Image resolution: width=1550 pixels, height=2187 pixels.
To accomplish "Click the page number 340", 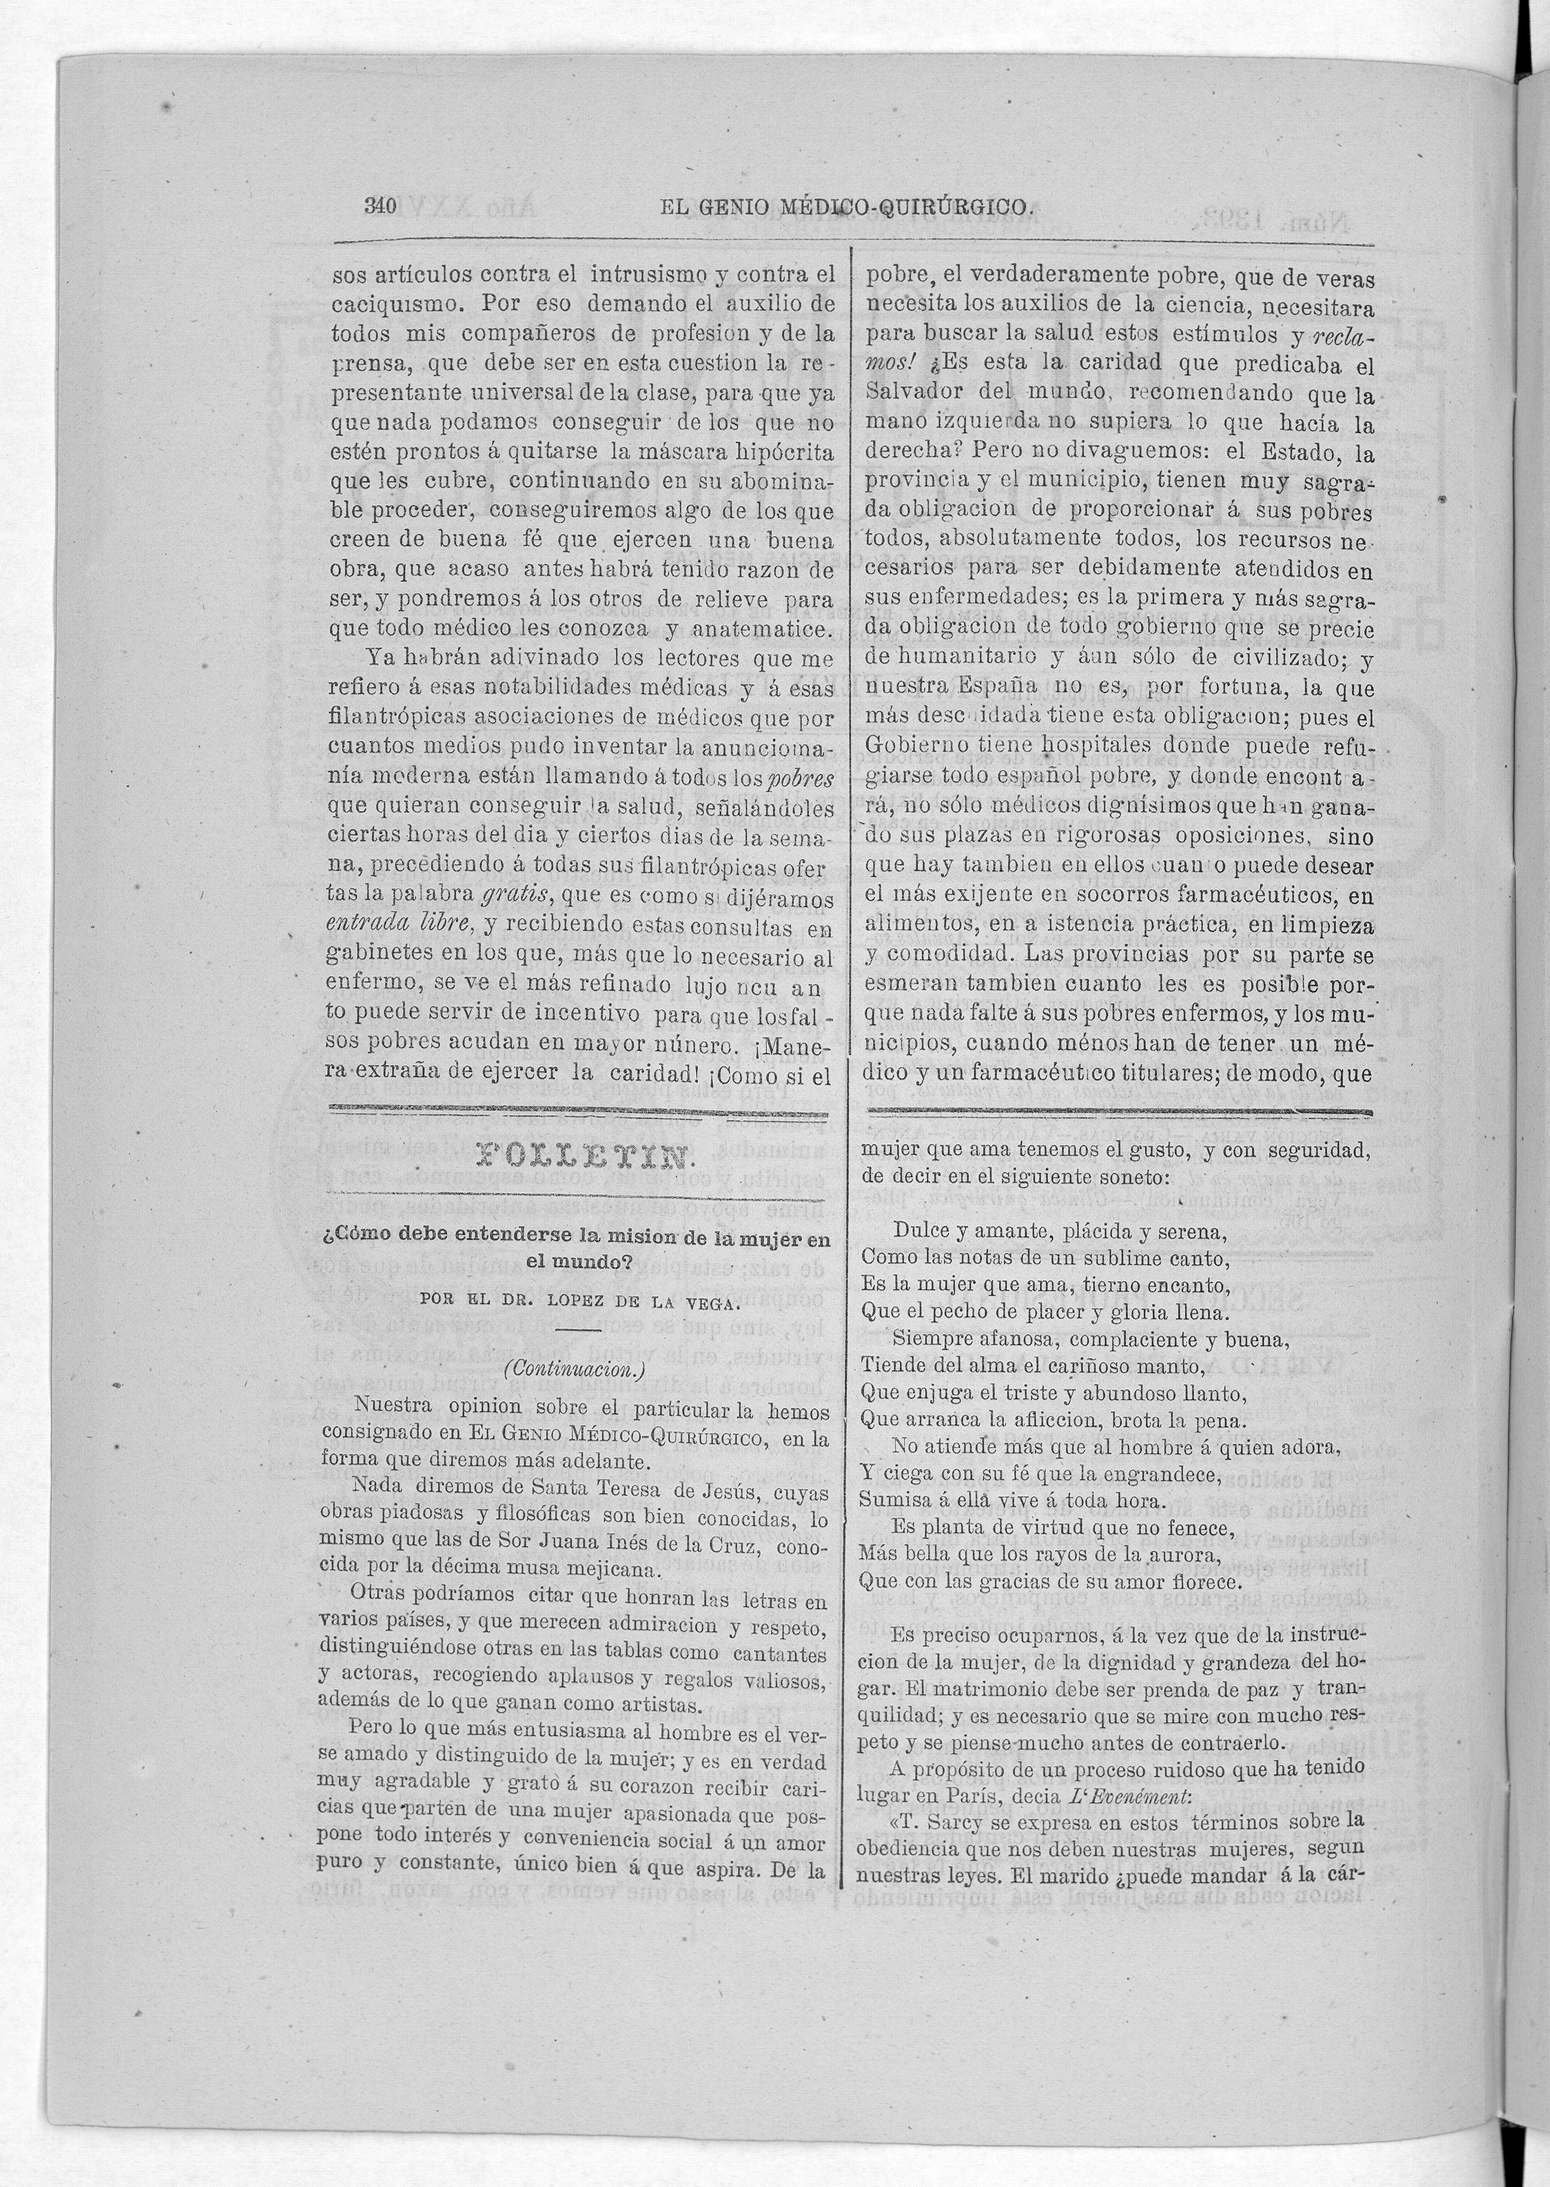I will (x=380, y=205).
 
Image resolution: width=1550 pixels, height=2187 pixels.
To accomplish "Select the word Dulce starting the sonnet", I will (x=920, y=1232).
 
